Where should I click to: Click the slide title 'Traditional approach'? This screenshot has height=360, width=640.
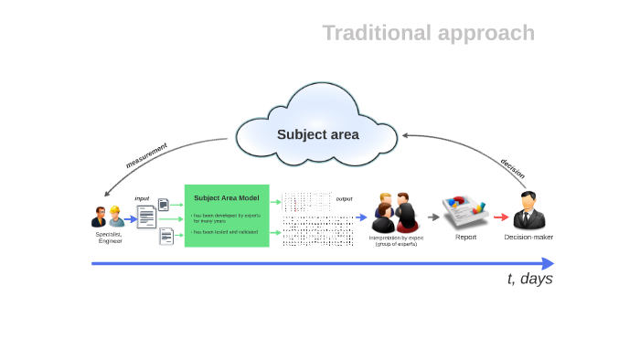coord(428,33)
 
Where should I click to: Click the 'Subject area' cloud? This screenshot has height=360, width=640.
coord(317,133)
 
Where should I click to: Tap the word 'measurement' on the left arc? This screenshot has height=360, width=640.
coord(146,155)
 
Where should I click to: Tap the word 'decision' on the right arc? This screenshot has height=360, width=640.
coord(512,168)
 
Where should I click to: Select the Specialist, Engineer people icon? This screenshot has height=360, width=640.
coord(107,217)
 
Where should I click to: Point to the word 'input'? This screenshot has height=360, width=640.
coord(142,198)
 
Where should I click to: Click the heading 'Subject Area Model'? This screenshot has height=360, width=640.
coord(226,197)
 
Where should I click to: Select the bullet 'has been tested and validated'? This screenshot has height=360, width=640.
coord(225,232)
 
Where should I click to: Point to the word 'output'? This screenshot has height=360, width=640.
coord(344,198)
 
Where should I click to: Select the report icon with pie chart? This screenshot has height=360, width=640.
coord(465,212)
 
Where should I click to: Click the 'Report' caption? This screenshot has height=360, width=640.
coord(466,237)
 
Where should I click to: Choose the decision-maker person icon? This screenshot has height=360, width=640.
coord(528,212)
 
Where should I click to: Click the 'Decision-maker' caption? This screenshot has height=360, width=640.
coord(528,237)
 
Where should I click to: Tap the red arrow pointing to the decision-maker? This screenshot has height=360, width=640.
coord(500,217)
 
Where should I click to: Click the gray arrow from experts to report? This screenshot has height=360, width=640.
coord(433,217)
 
